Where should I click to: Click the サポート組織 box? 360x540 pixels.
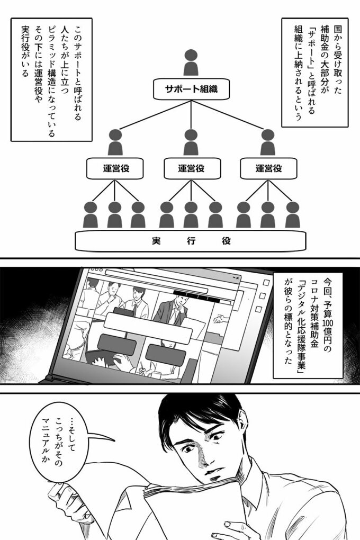pyautogui.click(x=191, y=89)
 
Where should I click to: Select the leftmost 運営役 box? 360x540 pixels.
pyautogui.click(x=115, y=169)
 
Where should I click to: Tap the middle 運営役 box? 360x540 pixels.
pyautogui.click(x=191, y=169)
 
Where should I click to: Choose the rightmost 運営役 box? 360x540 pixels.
pyautogui.click(x=268, y=169)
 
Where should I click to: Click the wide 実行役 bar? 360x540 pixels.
pyautogui.click(x=191, y=241)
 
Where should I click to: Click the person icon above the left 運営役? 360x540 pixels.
pyautogui.click(x=115, y=142)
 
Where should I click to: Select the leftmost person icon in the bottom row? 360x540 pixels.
pyautogui.click(x=91, y=214)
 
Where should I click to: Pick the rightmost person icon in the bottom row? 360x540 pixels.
pyautogui.click(x=292, y=214)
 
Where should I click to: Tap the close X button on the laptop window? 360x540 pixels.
pyautogui.click(x=237, y=277)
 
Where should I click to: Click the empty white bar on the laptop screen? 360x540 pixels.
pyautogui.click(x=140, y=321)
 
